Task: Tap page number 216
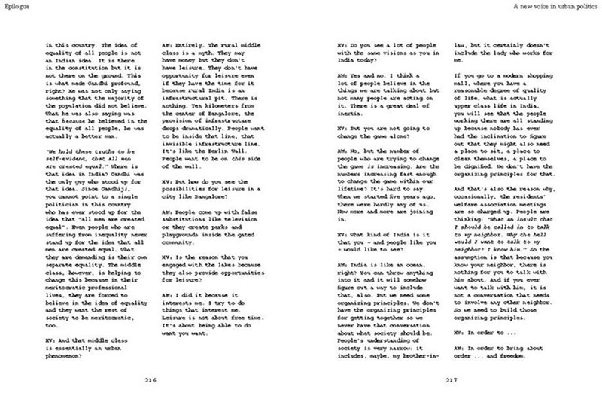tap(149, 381)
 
